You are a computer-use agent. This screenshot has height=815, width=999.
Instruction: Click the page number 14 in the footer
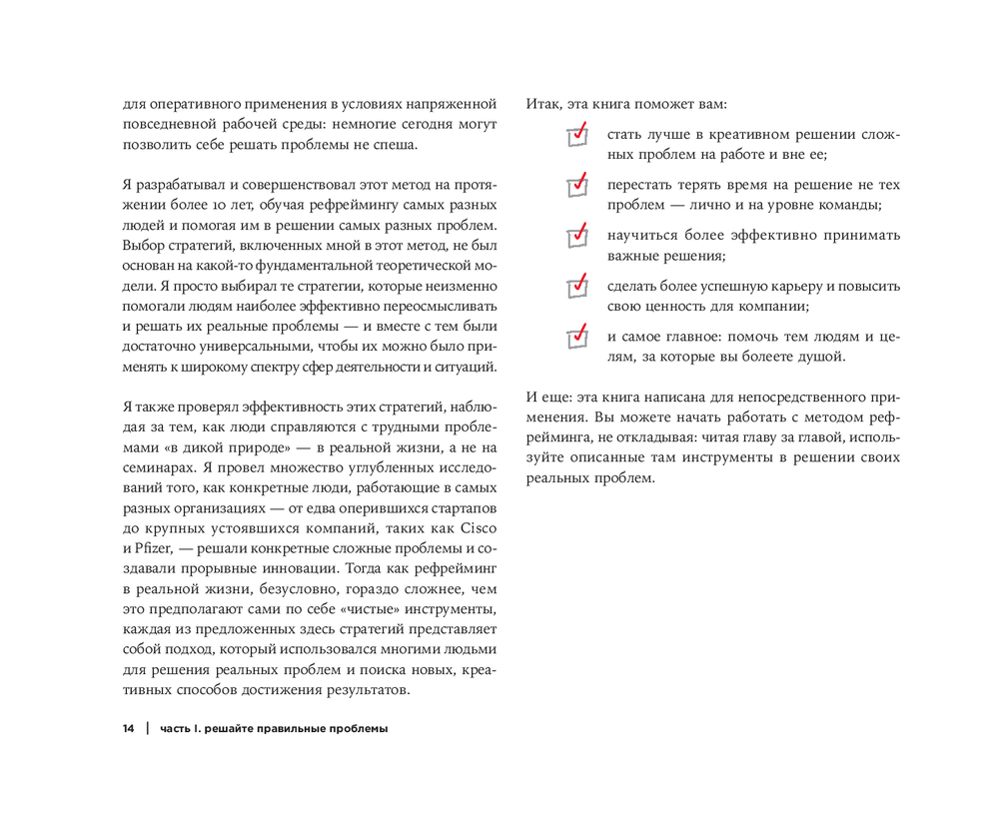128,729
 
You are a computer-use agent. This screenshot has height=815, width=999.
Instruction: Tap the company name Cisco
480,527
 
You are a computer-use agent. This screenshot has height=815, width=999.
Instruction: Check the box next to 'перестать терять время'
577,187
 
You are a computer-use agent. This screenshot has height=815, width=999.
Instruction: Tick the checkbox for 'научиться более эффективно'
577,237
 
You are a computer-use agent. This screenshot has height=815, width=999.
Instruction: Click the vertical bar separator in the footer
146,729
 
